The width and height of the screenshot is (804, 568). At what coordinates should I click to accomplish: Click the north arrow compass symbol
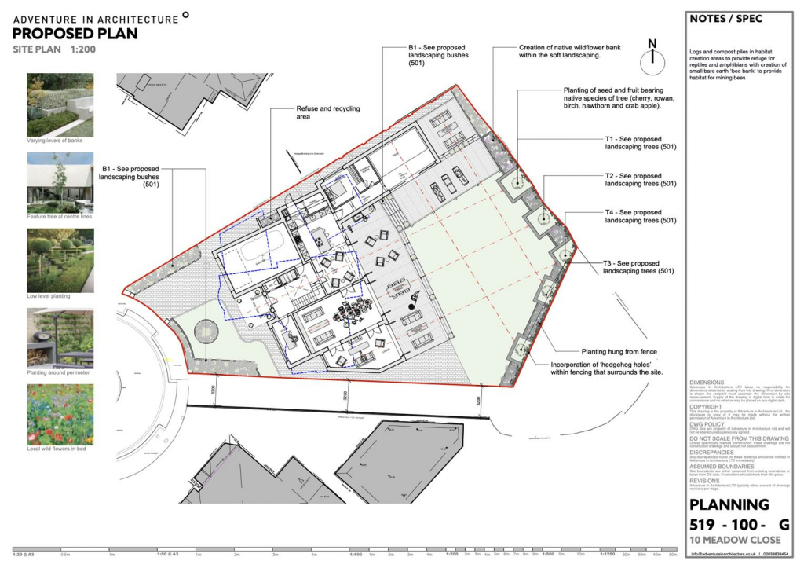(x=652, y=58)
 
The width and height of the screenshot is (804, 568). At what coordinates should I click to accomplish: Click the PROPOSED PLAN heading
(x=75, y=34)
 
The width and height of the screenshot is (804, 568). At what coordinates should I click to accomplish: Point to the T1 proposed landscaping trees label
(x=640, y=142)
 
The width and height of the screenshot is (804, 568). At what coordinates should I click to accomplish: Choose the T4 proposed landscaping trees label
(x=640, y=217)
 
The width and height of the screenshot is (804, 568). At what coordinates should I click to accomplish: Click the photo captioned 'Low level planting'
(x=60, y=261)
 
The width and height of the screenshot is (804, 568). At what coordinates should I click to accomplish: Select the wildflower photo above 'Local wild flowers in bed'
(x=60, y=414)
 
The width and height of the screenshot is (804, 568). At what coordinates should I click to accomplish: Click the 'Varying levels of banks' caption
(x=55, y=141)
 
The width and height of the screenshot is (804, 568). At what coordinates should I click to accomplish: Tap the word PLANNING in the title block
(x=729, y=505)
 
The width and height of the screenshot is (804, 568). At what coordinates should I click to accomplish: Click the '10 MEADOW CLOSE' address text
(x=735, y=540)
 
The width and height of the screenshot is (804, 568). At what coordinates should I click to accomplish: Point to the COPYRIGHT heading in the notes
(x=706, y=406)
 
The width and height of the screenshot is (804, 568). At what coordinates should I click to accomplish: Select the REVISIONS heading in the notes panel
(x=704, y=481)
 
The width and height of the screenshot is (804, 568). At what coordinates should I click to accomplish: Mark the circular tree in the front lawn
(x=204, y=332)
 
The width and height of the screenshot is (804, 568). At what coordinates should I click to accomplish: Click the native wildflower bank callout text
(x=569, y=52)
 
